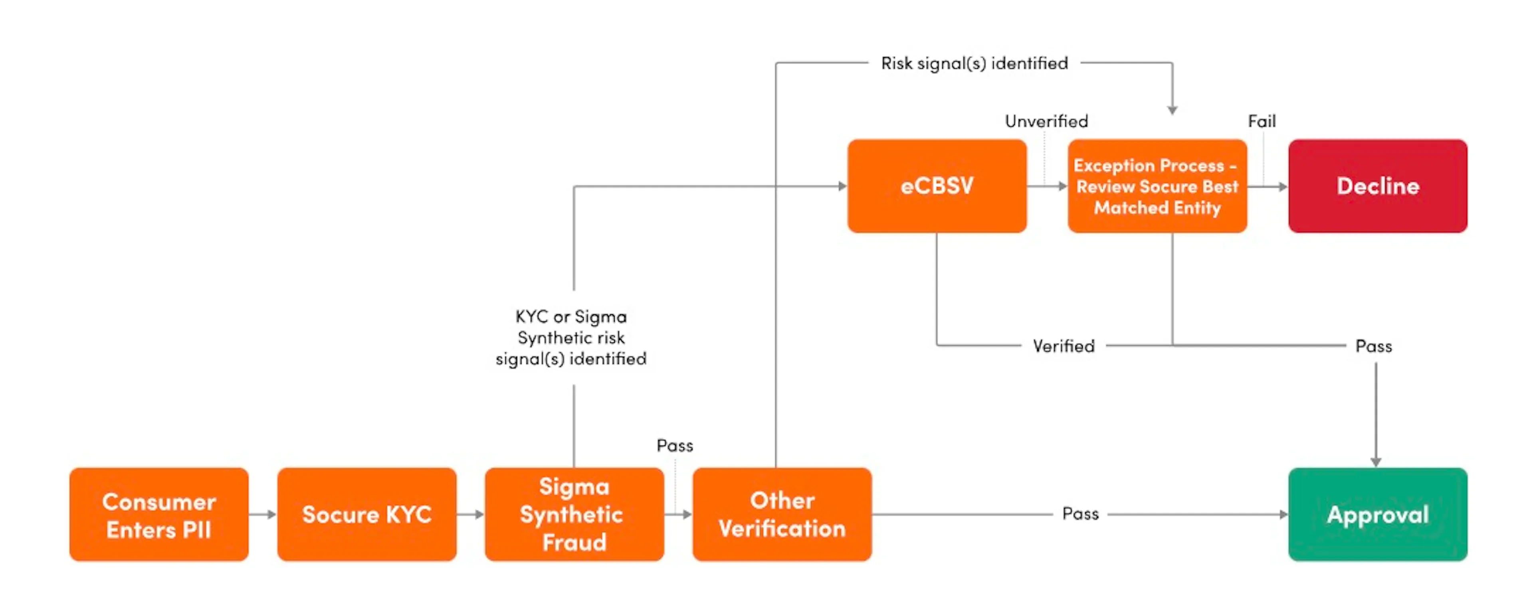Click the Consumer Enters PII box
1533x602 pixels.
click(x=159, y=514)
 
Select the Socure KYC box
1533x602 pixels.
click(x=366, y=514)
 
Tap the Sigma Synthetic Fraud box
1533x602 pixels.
click(x=574, y=514)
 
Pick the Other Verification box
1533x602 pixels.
click(x=782, y=514)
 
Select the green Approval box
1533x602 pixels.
click(x=1378, y=514)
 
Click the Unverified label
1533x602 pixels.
click(x=1047, y=121)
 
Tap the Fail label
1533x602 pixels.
click(x=1262, y=121)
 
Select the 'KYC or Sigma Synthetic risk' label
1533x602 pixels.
click(x=571, y=327)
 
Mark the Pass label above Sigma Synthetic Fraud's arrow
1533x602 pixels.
click(x=675, y=446)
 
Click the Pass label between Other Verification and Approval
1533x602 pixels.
click(x=1081, y=514)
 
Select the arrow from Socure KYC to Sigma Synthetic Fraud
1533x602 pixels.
click(x=471, y=514)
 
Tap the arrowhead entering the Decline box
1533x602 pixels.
click(x=1283, y=187)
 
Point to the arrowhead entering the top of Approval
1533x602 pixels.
click(x=1376, y=462)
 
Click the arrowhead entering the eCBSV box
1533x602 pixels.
click(x=843, y=186)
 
